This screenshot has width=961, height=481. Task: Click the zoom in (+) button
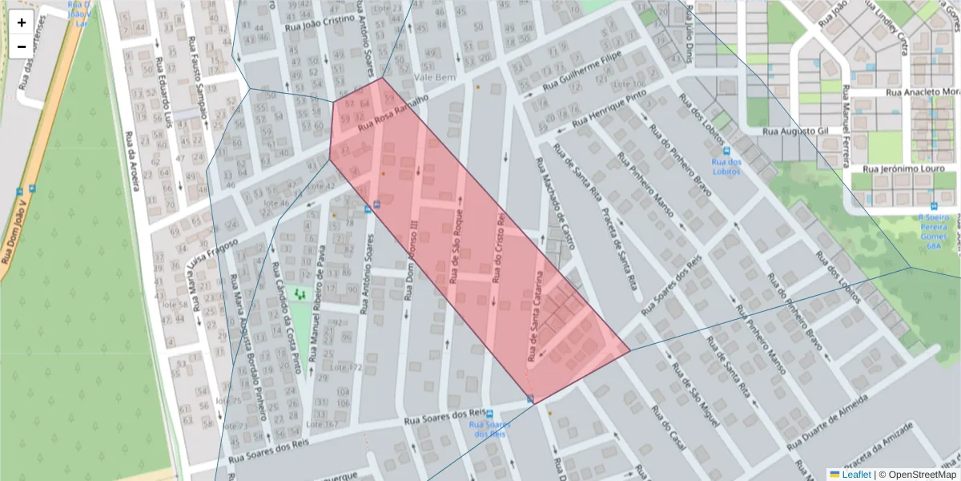(22, 22)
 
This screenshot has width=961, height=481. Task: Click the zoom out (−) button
(22, 46)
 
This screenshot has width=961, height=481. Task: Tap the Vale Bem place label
(435, 78)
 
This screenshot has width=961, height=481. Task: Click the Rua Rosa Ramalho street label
(393, 111)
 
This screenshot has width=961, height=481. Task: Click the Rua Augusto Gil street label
(795, 130)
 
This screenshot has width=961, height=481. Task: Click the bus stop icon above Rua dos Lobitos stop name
(726, 150)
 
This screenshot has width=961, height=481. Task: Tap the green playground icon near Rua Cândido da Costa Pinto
(301, 294)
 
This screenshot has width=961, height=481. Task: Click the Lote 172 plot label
(347, 367)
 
